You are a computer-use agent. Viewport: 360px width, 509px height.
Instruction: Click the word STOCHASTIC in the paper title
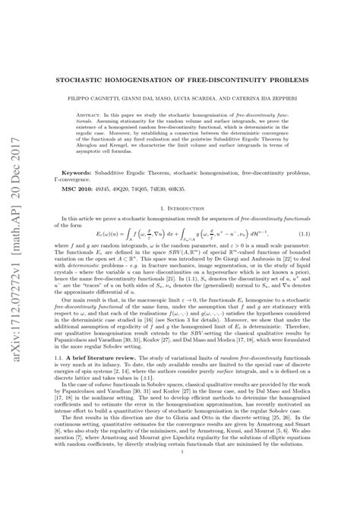pos(93,78)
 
